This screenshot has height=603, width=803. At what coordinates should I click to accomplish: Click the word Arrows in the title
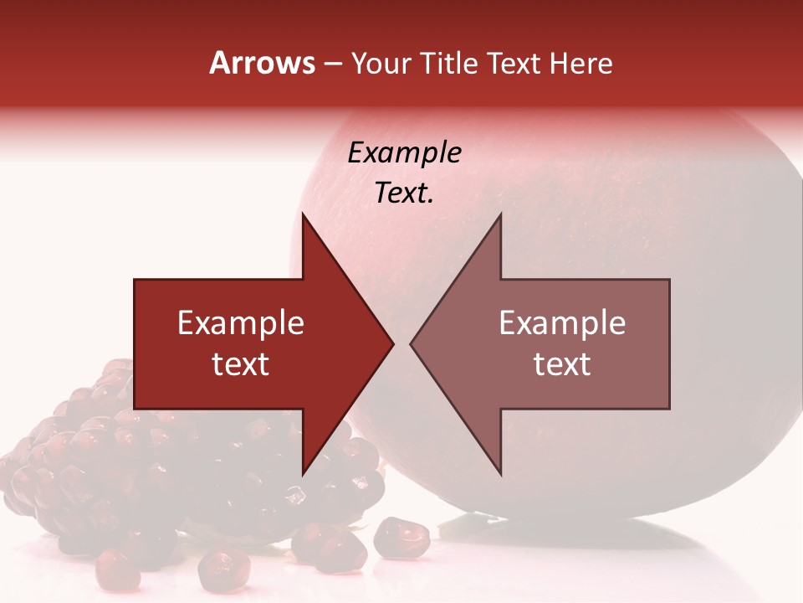tap(262, 63)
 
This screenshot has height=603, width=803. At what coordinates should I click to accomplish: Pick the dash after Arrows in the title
tap(332, 64)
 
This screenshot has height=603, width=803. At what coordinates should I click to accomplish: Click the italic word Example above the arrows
tap(404, 153)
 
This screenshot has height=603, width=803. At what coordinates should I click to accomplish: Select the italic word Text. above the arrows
tap(404, 193)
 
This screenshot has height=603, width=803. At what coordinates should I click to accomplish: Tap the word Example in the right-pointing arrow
tap(241, 323)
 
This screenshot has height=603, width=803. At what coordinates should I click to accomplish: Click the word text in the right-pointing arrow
tap(241, 364)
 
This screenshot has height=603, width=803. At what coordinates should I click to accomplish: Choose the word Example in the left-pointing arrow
tap(562, 323)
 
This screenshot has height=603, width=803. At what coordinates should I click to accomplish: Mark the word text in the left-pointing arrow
tap(562, 364)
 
